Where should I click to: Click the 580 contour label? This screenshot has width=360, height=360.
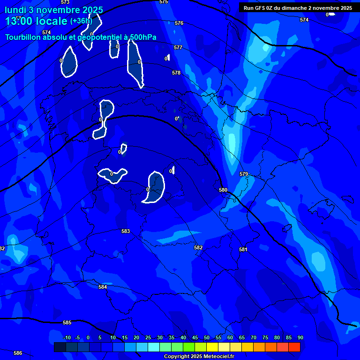pyautogui.click(x=223, y=190)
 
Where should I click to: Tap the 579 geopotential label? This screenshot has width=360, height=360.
pyautogui.click(x=244, y=174)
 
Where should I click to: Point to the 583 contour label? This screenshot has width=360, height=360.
pyautogui.click(x=126, y=231)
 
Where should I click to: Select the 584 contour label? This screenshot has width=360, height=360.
pyautogui.click(x=103, y=287)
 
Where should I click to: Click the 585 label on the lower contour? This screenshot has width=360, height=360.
pyautogui.click(x=67, y=322)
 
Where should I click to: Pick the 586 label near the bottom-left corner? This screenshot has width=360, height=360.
pyautogui.click(x=18, y=353)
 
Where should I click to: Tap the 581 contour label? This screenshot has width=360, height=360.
pyautogui.click(x=243, y=249)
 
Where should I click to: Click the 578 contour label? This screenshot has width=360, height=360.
pyautogui.click(x=176, y=73)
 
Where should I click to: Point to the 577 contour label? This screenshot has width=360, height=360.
pyautogui.click(x=178, y=47)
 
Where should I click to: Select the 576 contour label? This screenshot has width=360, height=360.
pyautogui.click(x=179, y=23)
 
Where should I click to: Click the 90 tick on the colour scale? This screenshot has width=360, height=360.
pyautogui.click(x=300, y=337)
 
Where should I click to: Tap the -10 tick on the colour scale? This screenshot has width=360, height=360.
pyautogui.click(x=67, y=337)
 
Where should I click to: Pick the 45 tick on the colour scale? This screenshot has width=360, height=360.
pyautogui.click(x=195, y=337)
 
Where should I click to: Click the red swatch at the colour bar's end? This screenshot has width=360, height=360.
pyautogui.click(x=294, y=347)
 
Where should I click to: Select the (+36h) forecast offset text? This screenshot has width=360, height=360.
pyautogui.click(x=81, y=21)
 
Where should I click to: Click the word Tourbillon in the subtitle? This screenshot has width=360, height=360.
pyautogui.click(x=23, y=37)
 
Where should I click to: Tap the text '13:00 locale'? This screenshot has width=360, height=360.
pyautogui.click(x=36, y=21)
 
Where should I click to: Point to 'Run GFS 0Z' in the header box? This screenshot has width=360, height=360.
pyautogui.click(x=259, y=8)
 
